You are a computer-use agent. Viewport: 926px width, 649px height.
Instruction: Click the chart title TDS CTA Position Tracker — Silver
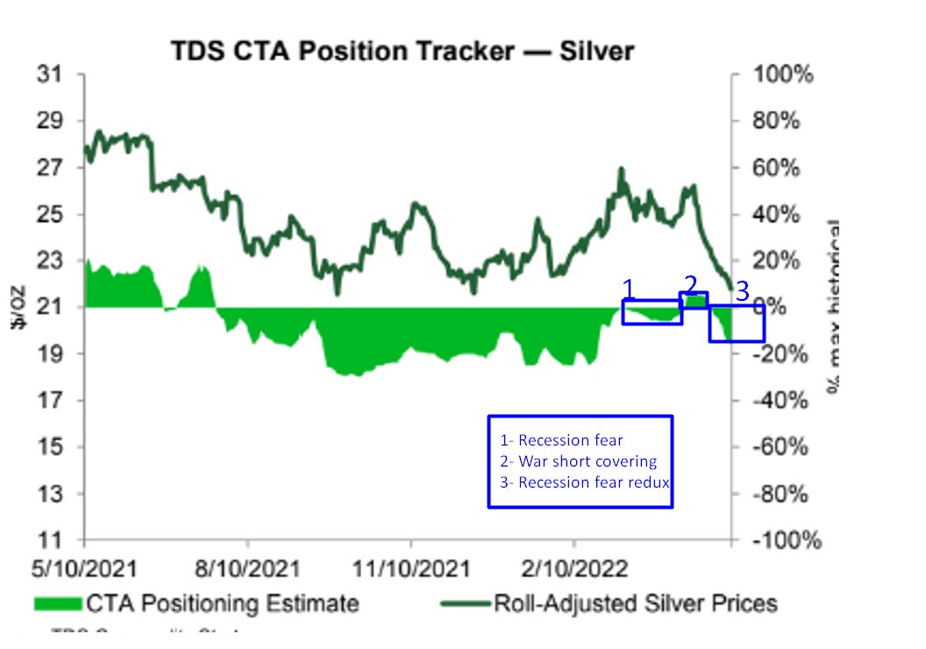click(x=402, y=52)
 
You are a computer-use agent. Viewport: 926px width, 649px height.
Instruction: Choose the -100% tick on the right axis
click(x=780, y=540)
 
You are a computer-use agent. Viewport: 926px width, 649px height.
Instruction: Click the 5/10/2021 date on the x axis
click(x=84, y=568)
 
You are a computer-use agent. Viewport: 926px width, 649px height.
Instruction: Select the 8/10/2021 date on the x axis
click(x=247, y=568)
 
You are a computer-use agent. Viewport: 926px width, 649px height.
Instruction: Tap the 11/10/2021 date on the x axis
click(x=410, y=568)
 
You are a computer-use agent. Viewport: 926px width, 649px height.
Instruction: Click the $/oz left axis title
click(x=18, y=307)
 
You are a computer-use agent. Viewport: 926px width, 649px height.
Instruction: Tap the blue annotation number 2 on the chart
click(x=691, y=284)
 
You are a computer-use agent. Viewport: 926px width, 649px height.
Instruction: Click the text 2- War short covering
click(x=578, y=461)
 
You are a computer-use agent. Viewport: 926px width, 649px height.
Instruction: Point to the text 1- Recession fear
click(x=561, y=440)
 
